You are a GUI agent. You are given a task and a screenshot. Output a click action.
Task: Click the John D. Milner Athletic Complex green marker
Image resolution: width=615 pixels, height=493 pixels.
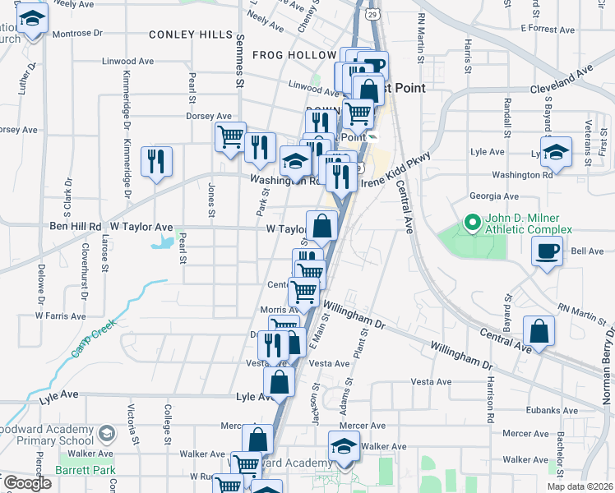pos(472,222)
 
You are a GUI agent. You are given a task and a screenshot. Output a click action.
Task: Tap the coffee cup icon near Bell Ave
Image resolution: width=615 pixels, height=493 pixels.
pos(548,251)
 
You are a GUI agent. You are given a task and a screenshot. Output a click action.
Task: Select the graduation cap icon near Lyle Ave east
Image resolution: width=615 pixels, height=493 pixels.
pos(557,152)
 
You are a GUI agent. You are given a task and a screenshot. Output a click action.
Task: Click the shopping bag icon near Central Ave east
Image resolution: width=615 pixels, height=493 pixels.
pos(539,332)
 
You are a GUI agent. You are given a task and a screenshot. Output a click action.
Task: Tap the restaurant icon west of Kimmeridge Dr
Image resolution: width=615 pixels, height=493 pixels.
pos(156,161)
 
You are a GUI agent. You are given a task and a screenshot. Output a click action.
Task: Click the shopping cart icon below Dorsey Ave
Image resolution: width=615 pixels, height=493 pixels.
pos(230,136)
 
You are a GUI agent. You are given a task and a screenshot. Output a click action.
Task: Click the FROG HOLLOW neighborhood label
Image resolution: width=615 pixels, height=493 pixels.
pos(284,55)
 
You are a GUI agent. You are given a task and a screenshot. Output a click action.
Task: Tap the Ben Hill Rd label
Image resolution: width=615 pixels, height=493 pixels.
pos(76,226)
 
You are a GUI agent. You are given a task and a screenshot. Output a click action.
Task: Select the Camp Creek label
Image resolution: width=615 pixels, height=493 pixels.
pos(91,339)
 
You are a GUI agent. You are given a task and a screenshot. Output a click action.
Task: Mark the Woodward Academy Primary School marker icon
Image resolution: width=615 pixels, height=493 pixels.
pos(105,433)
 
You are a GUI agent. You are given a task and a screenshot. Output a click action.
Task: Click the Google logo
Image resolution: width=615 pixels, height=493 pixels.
pos(27,483)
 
